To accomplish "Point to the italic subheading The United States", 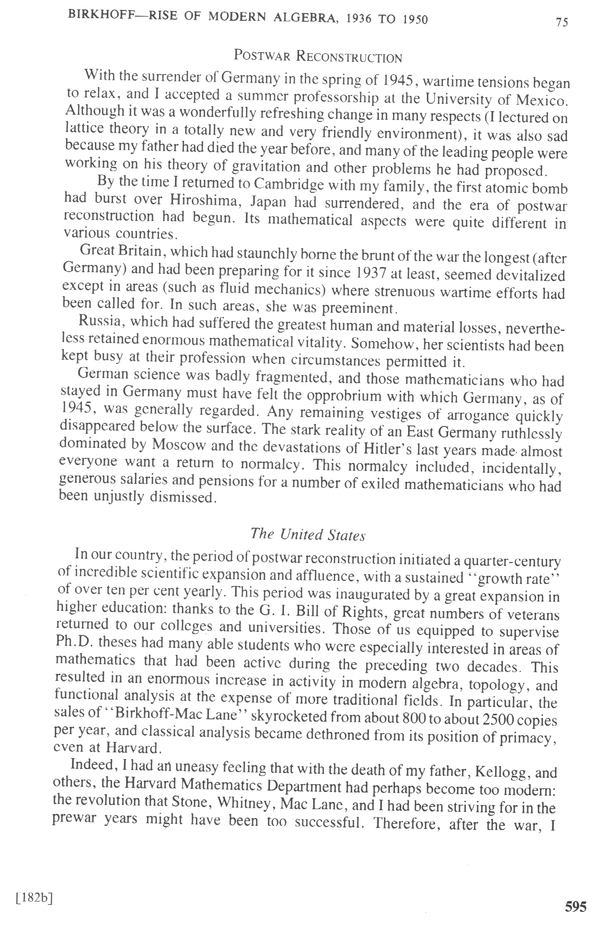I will click(308, 534).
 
